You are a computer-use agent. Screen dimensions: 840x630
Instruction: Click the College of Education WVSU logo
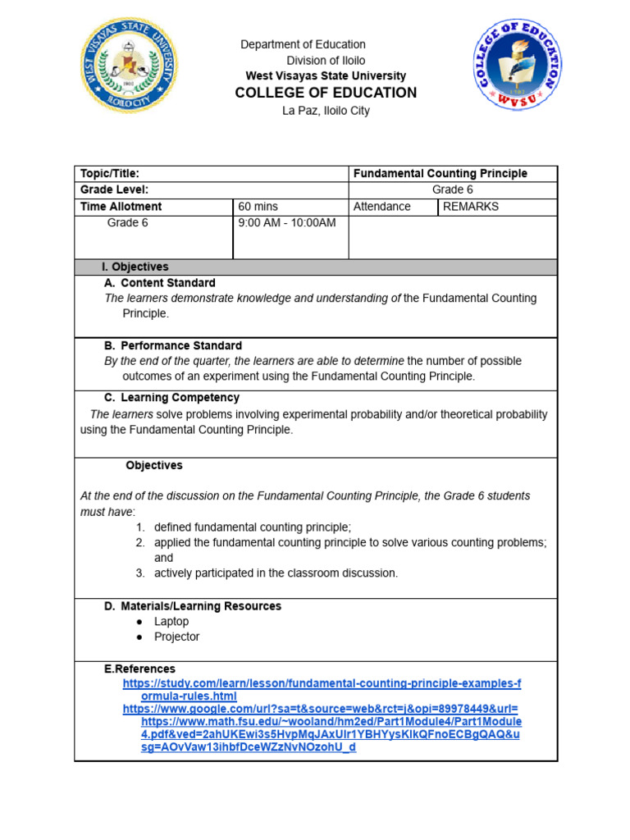click(516, 66)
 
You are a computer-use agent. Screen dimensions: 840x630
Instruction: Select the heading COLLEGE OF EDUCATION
click(326, 93)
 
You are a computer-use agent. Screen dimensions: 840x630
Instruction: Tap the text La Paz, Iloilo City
click(326, 111)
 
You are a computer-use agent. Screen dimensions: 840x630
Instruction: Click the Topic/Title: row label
click(110, 174)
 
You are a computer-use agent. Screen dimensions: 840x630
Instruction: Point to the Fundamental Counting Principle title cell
click(440, 174)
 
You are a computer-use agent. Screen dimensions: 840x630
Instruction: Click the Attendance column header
click(381, 207)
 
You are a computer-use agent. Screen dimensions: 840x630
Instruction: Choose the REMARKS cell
click(470, 207)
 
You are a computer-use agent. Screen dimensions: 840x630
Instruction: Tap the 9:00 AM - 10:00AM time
click(286, 223)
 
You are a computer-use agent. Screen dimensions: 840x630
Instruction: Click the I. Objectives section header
click(135, 267)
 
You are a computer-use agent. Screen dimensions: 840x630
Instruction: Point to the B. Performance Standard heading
click(172, 345)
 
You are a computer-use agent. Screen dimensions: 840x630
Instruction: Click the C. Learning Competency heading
click(171, 398)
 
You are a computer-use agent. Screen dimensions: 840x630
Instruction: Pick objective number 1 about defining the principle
click(252, 527)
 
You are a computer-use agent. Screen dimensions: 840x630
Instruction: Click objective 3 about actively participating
click(276, 573)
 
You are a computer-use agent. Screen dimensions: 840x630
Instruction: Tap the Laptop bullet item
click(171, 622)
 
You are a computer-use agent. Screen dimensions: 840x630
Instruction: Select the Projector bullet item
click(176, 637)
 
